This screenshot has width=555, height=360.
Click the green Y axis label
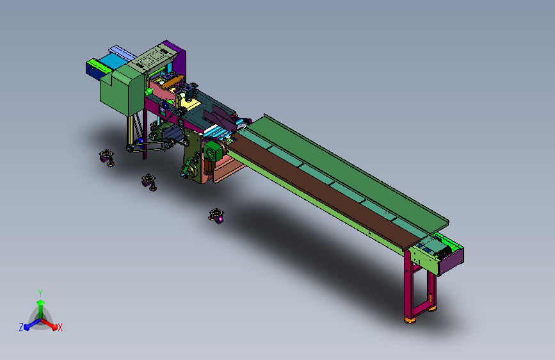(40, 293)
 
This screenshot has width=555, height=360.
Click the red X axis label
(60, 327)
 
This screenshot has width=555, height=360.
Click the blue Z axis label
(21, 327)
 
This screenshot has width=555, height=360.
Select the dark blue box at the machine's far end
(93, 71)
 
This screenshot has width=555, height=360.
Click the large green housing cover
(120, 91)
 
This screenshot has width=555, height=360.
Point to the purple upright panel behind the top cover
(179, 58)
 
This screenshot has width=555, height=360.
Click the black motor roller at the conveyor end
(443, 252)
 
